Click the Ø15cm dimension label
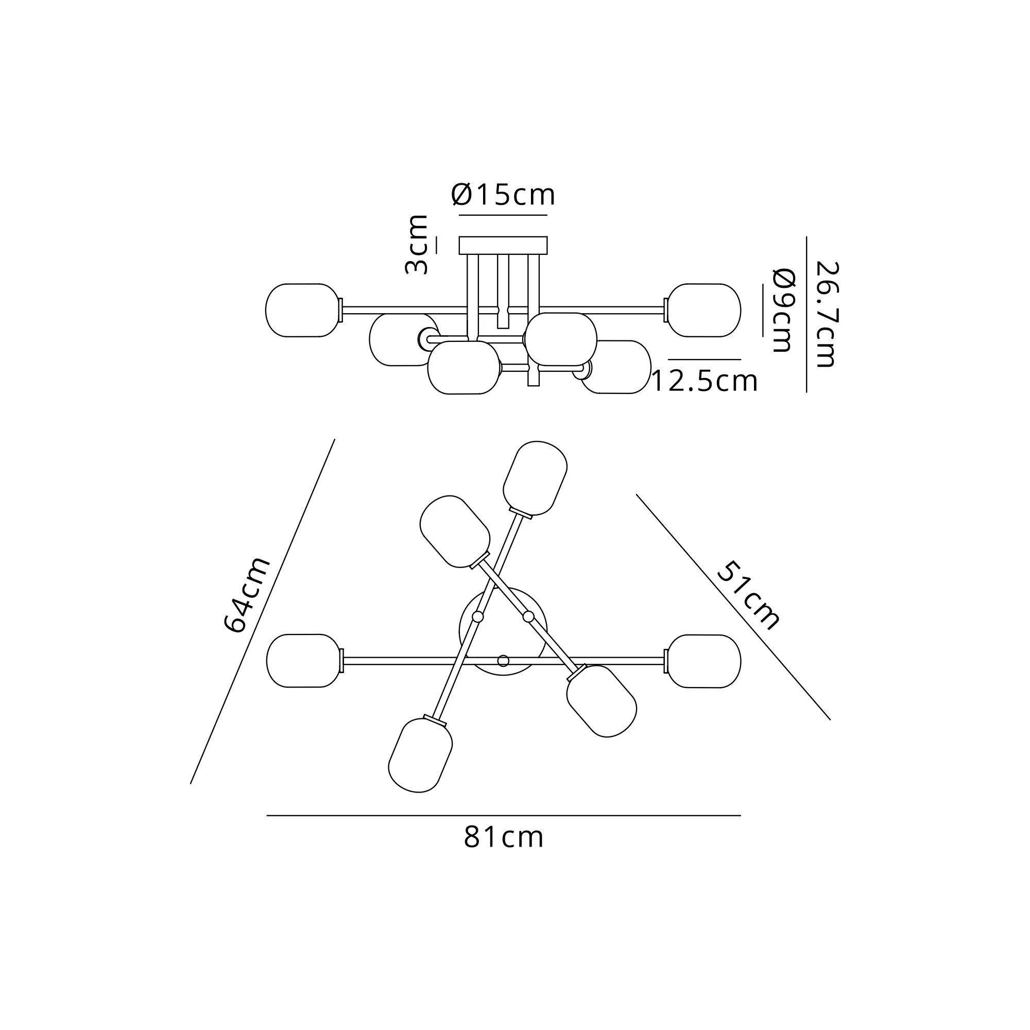(503, 195)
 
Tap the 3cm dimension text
(416, 245)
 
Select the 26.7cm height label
(828, 315)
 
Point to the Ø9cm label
(784, 310)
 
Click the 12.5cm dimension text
(704, 381)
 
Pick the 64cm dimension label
(246, 594)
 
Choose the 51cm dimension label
(748, 595)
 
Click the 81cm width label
(504, 837)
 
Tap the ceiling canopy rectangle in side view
(503, 245)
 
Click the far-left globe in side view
(303, 310)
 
